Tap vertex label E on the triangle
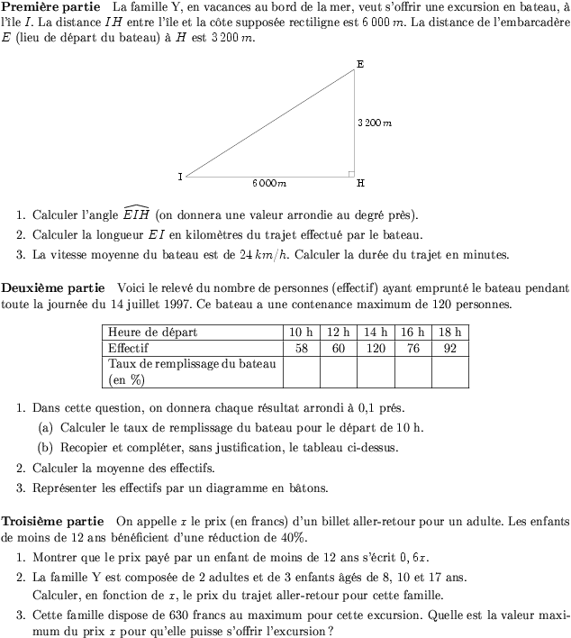(x=360, y=64)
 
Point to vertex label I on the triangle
(x=181, y=177)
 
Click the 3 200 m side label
(x=375, y=123)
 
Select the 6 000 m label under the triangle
(x=269, y=183)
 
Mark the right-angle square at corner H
(x=351, y=172)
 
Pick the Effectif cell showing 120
(x=376, y=347)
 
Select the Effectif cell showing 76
(x=412, y=347)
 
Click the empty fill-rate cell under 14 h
(x=376, y=371)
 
